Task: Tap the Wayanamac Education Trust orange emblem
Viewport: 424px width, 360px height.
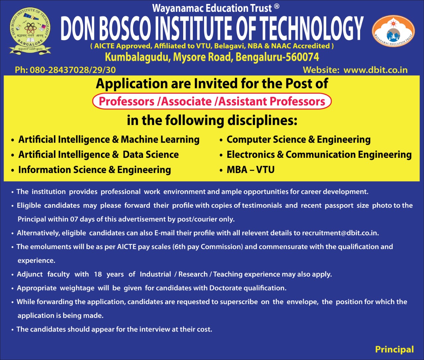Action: (x=393, y=31)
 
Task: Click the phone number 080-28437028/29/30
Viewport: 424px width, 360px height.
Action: (x=73, y=70)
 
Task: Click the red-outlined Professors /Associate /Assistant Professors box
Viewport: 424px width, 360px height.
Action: (x=212, y=102)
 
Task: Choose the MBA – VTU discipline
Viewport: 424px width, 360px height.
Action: (x=250, y=170)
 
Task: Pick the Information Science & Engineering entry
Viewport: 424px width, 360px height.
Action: (x=94, y=170)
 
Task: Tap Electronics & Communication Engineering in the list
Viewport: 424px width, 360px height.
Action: (x=319, y=155)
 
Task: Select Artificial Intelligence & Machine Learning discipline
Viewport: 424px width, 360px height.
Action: (x=109, y=139)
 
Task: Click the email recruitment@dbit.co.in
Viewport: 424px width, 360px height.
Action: (x=340, y=233)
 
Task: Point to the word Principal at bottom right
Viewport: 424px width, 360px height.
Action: (x=394, y=349)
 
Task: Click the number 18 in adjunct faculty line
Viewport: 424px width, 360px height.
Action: (x=98, y=274)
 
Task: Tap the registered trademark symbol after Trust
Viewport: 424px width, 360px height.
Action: (x=277, y=7)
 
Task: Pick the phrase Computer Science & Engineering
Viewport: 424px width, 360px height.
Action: (x=298, y=139)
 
